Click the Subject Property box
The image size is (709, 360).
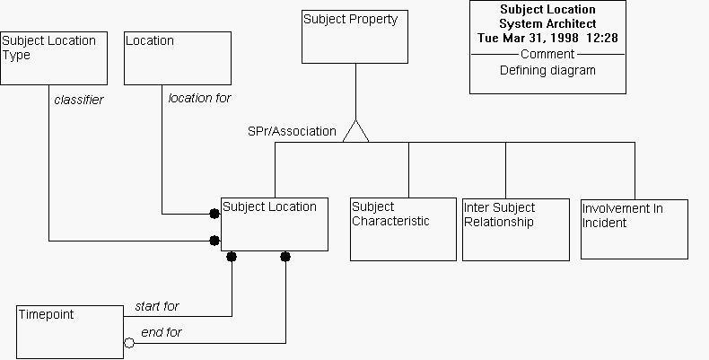click(x=355, y=37)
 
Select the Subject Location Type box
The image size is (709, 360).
click(x=54, y=58)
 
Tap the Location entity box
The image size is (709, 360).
click(x=177, y=58)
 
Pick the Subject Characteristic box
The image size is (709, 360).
click(x=403, y=230)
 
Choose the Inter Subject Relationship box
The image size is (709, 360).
click(x=515, y=230)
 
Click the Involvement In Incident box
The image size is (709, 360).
click(x=634, y=229)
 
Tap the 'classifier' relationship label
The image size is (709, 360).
click(x=79, y=100)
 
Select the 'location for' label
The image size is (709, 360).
click(x=199, y=98)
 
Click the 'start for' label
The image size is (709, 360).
click(x=157, y=306)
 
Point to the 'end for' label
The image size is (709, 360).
click(x=162, y=332)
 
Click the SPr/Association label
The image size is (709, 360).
click(x=292, y=131)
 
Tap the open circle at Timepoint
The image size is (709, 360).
click(x=129, y=343)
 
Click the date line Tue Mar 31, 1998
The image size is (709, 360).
click(x=547, y=38)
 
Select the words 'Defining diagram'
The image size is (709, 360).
click(x=547, y=70)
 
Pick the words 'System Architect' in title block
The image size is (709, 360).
click(x=547, y=23)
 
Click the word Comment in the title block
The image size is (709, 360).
click(x=547, y=54)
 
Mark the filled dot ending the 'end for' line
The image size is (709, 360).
click(x=285, y=257)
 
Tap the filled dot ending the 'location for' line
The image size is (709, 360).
click(x=214, y=214)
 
